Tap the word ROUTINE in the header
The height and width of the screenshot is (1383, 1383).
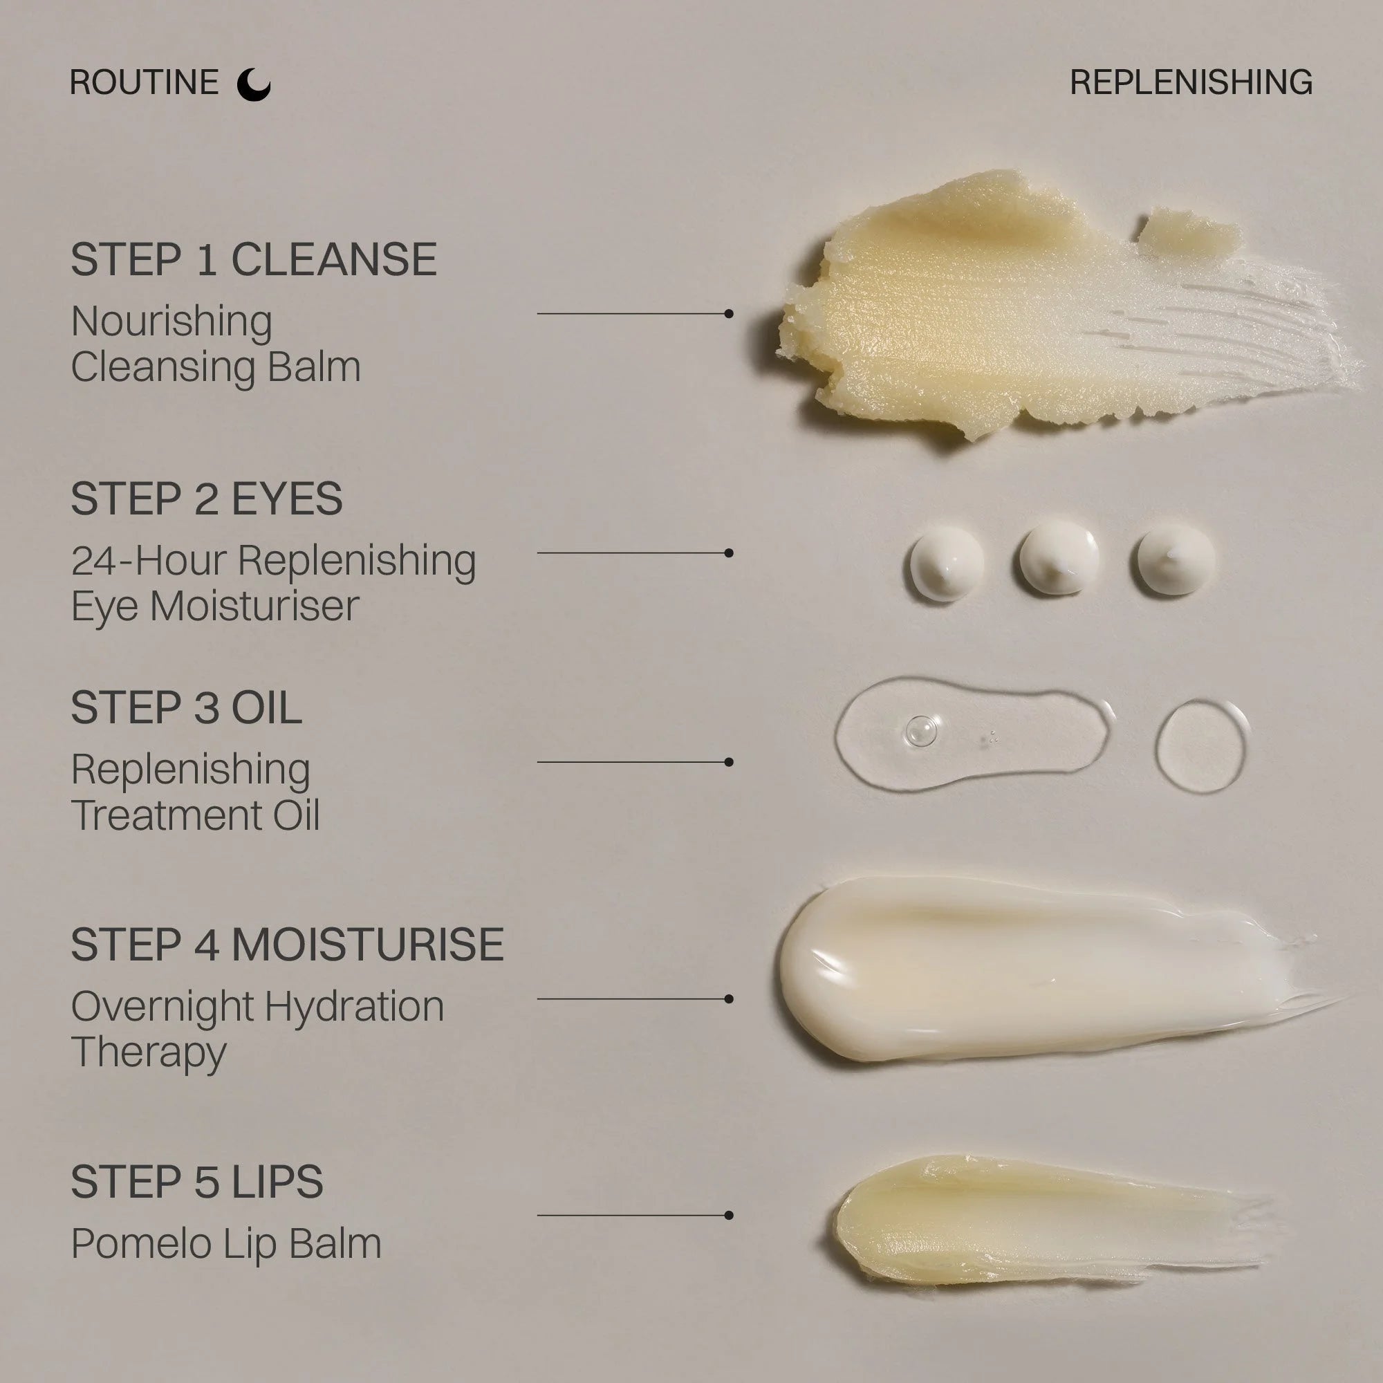(144, 82)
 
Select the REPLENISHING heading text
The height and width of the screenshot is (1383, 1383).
(1191, 82)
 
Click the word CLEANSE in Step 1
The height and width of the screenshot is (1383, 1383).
(333, 259)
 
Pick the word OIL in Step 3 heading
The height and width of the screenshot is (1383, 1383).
(266, 708)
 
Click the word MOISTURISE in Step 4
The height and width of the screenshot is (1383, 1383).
(368, 944)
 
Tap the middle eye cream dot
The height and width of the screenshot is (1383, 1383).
(1059, 558)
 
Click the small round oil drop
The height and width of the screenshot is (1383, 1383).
(1202, 746)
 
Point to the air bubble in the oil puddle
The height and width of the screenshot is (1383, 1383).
(921, 730)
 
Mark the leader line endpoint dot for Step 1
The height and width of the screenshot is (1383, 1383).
(729, 313)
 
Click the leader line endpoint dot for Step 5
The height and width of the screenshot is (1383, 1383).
(729, 1216)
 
